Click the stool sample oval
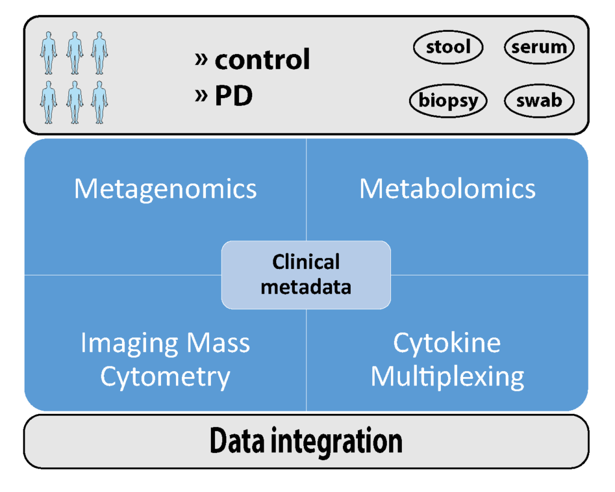[448, 48]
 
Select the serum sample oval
[539, 48]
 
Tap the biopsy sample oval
[448, 100]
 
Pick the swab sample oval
[539, 100]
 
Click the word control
[262, 60]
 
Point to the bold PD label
[234, 96]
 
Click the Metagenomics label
[165, 189]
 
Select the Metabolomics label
[447, 189]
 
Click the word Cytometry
[165, 377]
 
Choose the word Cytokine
[447, 343]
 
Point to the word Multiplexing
[447, 377]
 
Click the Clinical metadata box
[306, 274]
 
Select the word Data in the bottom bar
[237, 441]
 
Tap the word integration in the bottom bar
[337, 442]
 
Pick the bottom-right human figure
[99, 102]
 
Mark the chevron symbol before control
[202, 59]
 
